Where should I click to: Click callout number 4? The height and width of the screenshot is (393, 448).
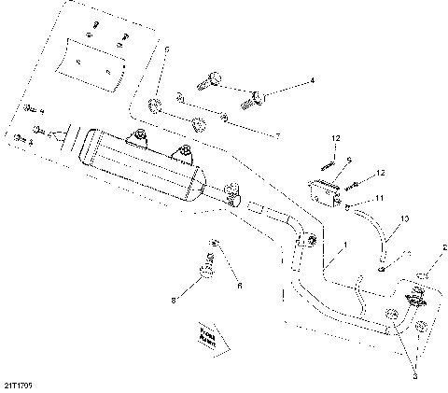coord(312,81)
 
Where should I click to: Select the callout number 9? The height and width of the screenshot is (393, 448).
coord(348,160)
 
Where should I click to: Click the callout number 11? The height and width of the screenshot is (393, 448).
coord(380,198)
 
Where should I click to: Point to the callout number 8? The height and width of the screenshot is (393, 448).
coord(173,301)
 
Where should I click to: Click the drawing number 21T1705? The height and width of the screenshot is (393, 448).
coord(20,383)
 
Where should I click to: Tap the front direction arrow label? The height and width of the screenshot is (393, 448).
coord(207,335)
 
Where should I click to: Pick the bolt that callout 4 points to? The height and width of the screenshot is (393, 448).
coord(254,95)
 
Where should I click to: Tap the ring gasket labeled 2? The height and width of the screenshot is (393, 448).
coord(421,276)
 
